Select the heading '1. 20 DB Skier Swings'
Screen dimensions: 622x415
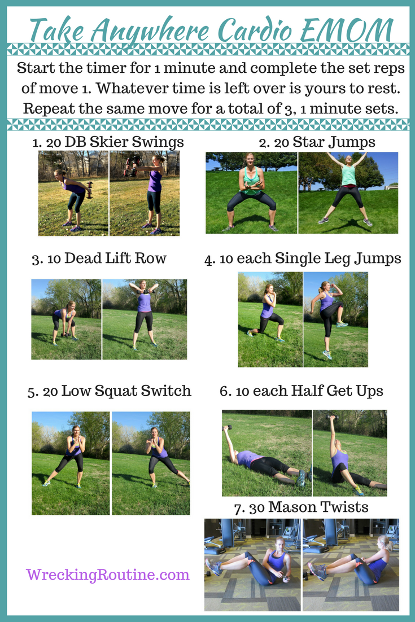(108, 142)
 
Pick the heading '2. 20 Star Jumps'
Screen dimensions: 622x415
(317, 142)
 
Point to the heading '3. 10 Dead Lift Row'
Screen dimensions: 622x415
(99, 259)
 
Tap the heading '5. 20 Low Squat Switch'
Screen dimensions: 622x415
(109, 391)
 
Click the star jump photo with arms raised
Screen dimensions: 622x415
(348, 192)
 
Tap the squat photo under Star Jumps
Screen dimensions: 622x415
(251, 192)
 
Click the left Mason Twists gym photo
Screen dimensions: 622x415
(252, 564)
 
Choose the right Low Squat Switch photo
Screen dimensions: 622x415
(151, 463)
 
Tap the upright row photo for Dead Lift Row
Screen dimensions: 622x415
(145, 319)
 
